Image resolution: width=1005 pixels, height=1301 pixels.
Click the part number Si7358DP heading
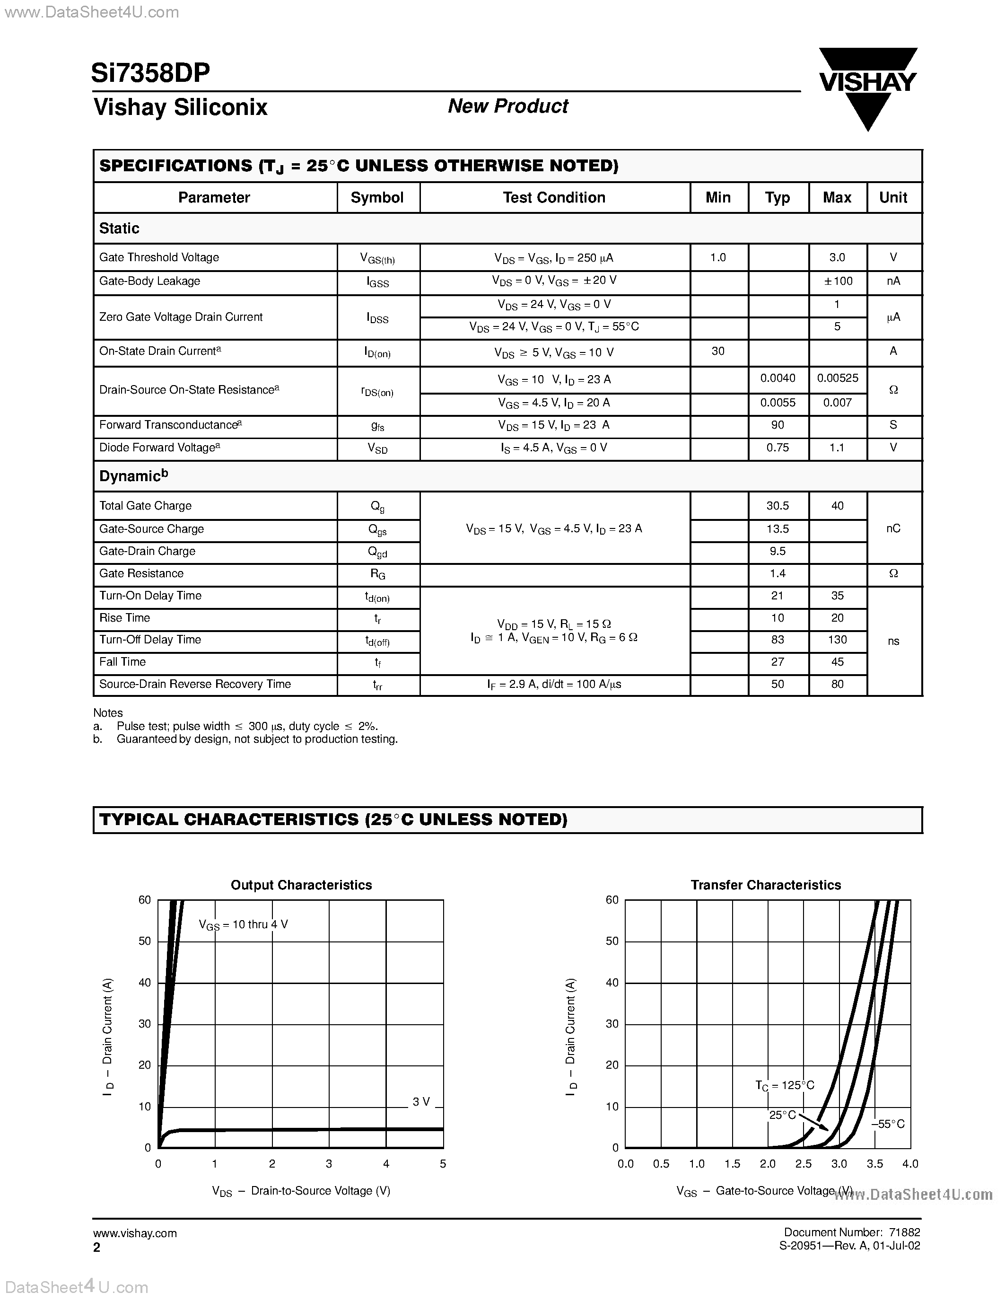coord(150,73)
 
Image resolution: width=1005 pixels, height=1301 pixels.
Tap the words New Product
coord(508,106)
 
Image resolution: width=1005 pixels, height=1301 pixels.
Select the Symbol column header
coord(377,198)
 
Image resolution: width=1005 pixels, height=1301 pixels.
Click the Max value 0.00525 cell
coord(837,378)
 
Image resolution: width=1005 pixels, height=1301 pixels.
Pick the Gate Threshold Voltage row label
coord(159,257)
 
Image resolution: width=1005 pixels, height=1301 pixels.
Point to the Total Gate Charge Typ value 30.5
coord(777,506)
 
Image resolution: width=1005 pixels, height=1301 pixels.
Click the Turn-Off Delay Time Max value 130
coord(837,639)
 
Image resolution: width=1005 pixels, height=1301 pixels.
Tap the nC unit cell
coord(893,528)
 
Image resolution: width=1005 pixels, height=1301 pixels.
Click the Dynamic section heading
coord(133,476)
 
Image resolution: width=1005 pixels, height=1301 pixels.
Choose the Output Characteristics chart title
coord(301,885)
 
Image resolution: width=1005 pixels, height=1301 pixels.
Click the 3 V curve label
coord(421,1102)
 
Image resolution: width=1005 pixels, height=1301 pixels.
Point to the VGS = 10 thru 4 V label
coord(243,925)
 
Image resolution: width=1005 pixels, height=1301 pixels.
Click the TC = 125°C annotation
coord(784,1085)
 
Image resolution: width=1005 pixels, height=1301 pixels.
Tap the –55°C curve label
coord(888,1124)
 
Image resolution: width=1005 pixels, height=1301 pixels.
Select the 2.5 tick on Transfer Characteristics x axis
coord(803,1164)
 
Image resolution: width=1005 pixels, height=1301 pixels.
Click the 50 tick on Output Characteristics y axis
coord(145,941)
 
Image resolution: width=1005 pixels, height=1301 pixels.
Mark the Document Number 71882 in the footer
coord(851,1232)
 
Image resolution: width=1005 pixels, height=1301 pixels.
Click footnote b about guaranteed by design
coord(256,739)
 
